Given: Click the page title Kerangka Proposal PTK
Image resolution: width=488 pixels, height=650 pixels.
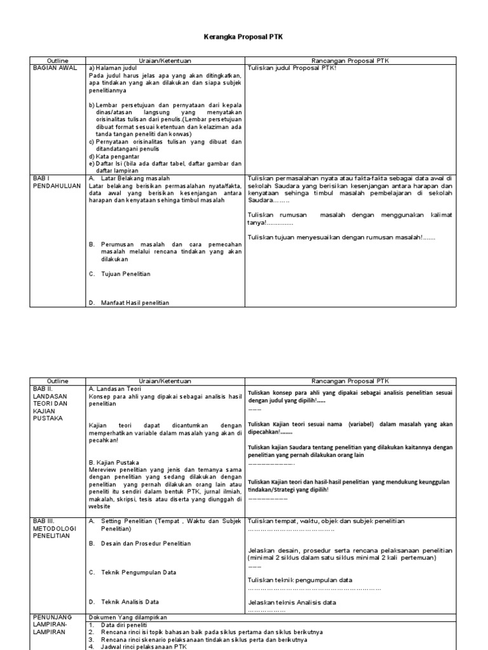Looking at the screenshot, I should (x=243, y=37).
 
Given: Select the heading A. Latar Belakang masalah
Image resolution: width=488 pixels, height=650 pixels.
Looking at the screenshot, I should (x=126, y=178).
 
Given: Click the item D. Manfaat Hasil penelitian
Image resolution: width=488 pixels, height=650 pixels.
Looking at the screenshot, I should (x=129, y=303).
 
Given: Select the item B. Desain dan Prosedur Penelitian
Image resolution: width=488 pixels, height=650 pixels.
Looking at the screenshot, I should (x=139, y=543).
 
